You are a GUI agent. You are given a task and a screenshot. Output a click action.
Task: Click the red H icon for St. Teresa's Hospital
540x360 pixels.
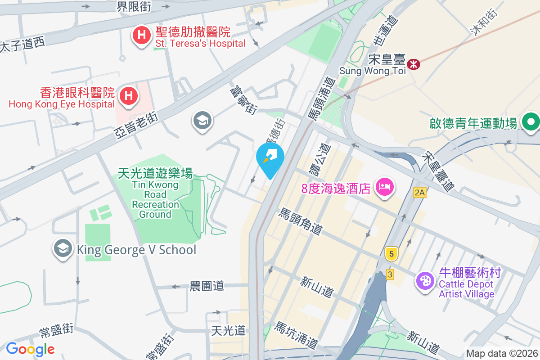[141, 35]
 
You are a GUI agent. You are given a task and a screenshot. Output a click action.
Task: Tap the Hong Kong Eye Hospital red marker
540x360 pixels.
[129, 96]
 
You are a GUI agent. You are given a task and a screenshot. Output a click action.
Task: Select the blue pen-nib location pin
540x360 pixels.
[270, 157]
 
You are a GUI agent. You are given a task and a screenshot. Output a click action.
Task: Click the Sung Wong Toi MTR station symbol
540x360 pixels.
[413, 64]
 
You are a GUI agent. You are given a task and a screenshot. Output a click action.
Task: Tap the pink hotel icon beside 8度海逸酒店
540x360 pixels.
[385, 186]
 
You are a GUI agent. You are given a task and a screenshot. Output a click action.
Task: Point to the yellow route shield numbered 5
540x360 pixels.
[391, 254]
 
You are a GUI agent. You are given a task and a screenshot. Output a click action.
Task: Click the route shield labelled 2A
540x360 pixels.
[419, 193]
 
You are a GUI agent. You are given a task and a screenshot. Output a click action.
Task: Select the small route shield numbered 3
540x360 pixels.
[390, 274]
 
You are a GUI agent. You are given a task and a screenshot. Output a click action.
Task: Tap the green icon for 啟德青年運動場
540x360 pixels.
[531, 122]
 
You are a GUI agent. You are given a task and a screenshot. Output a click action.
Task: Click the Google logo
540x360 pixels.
[30, 349]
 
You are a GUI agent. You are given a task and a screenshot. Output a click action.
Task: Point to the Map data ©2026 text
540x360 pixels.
[502, 353]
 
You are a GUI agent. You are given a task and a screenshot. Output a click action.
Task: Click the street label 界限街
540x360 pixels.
[134, 6]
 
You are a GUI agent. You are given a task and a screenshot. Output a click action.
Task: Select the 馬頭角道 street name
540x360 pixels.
[301, 221]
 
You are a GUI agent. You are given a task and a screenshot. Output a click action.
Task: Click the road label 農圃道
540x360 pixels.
[207, 286]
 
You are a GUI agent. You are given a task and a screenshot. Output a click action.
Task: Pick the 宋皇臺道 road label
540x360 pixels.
[438, 171]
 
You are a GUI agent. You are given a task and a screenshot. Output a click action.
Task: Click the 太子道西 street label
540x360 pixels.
[22, 44]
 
